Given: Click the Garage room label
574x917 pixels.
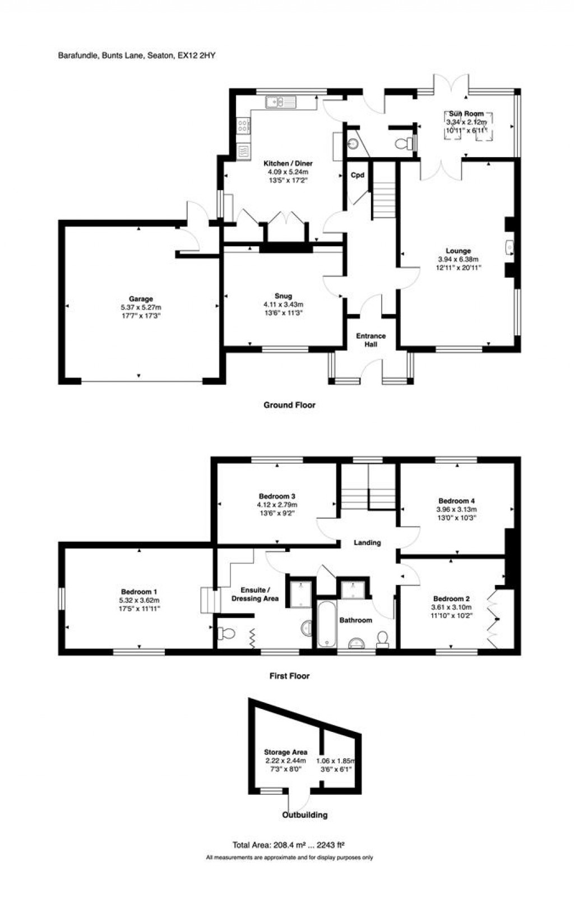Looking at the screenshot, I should point(140,299).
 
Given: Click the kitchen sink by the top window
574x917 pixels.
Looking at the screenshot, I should point(280,102).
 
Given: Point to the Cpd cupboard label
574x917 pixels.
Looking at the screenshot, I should point(358,175).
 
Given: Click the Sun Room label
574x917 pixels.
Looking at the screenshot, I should point(466,114).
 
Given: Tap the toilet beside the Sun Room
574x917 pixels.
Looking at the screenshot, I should point(404,144).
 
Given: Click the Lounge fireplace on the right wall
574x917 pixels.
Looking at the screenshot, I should point(509,247).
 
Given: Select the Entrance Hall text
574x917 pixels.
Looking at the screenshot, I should point(371,340).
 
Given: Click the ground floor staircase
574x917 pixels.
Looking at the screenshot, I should point(385,196).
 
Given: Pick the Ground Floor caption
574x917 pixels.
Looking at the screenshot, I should point(289,405).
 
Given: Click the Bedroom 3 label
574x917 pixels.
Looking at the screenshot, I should point(277,496).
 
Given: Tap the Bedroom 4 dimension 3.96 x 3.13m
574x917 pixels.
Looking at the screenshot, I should point(456,509).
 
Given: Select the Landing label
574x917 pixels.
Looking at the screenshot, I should point(367,542).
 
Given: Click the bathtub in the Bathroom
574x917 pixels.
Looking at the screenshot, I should point(326,624).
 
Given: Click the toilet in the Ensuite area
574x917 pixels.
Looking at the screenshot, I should point(226,634).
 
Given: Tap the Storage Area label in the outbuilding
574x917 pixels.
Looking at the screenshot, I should point(285,752).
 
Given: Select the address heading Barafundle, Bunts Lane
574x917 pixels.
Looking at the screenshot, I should point(137,55).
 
